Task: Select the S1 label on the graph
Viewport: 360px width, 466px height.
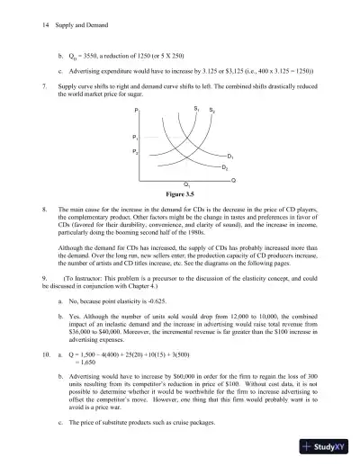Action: point(195,109)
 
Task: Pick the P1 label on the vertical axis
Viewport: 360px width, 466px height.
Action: point(136,136)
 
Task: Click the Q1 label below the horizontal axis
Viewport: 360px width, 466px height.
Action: point(184,184)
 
